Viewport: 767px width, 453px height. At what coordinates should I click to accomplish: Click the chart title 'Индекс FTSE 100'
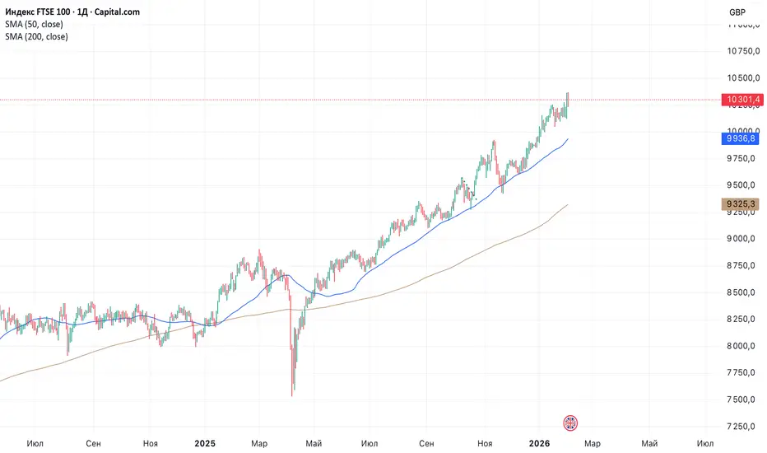[x=38, y=12]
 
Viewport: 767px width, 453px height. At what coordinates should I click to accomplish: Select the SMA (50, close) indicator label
[x=34, y=24]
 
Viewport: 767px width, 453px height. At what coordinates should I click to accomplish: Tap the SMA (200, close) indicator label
[x=36, y=36]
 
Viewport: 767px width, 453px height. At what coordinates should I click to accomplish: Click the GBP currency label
[x=737, y=12]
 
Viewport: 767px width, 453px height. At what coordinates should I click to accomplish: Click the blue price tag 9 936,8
[x=740, y=138]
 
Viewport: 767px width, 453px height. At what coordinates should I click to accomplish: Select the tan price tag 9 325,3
[x=740, y=203]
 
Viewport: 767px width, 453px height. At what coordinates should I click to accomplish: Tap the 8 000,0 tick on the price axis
[x=741, y=346]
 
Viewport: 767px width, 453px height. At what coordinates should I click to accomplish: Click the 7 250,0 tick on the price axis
[x=741, y=426]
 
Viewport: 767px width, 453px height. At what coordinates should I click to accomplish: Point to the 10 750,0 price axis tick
[x=743, y=51]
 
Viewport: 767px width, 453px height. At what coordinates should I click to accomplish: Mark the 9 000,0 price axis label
[x=741, y=239]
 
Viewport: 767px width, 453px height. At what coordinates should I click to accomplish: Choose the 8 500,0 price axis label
[x=741, y=292]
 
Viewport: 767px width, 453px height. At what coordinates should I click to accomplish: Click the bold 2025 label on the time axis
[x=204, y=443]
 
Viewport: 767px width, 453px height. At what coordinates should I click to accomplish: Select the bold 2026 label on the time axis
[x=539, y=443]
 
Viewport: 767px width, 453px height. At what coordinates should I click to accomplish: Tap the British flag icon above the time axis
[x=570, y=423]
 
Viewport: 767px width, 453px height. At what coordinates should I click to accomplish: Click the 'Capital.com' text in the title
[x=117, y=12]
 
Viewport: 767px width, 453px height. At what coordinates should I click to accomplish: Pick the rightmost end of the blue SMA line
[x=568, y=139]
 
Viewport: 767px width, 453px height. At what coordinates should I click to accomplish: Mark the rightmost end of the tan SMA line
[x=568, y=204]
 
